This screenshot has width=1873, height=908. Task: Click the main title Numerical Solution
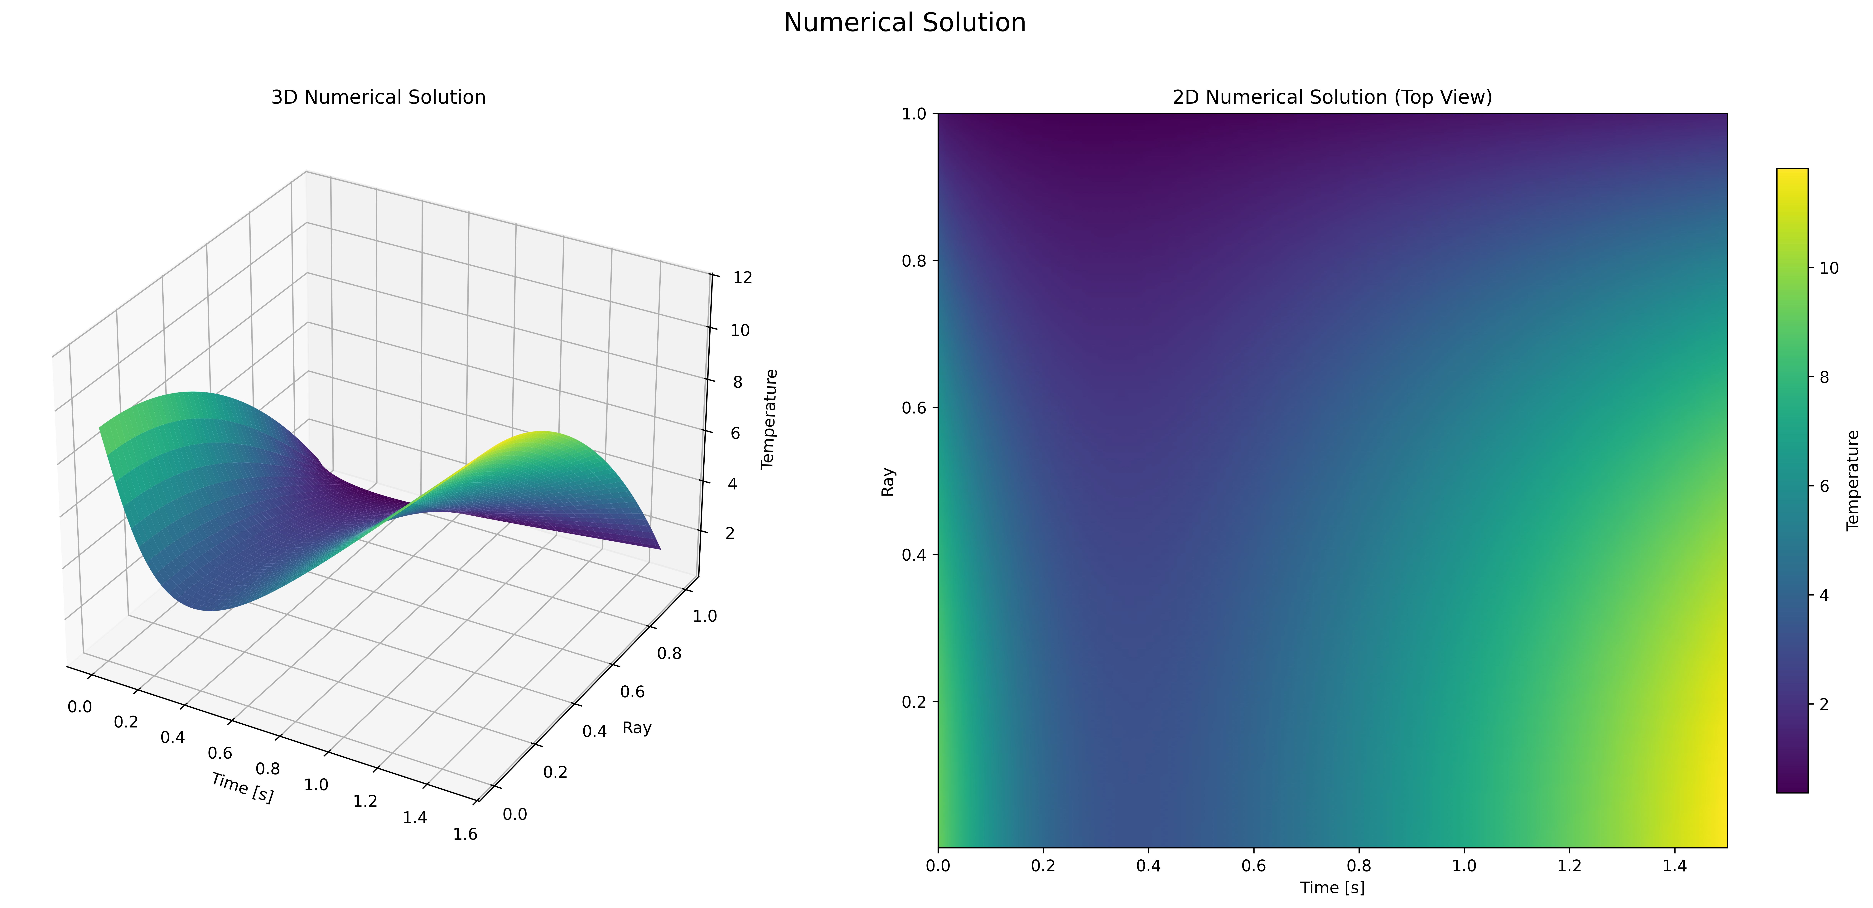905,23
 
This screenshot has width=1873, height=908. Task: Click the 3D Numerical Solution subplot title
378,97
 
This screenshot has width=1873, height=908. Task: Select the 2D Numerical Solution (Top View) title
1332,97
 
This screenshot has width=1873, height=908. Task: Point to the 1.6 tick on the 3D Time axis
465,834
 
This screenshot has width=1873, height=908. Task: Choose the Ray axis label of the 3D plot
637,728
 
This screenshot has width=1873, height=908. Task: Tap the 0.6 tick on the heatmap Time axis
1253,866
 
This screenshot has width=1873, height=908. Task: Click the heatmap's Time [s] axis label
1332,888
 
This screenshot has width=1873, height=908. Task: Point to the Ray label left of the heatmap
888,482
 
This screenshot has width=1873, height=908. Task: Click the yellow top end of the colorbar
1792,175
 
